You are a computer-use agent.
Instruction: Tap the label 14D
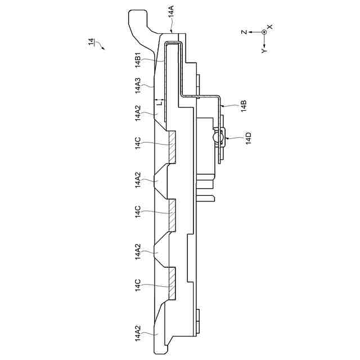tap(247, 138)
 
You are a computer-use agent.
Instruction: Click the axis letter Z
tap(244, 33)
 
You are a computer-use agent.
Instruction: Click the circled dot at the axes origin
tap(264, 33)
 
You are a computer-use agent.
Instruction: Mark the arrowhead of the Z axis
tap(252, 33)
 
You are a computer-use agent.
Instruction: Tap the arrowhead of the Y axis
tap(264, 44)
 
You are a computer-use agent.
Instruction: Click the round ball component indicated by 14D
tap(217, 137)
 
